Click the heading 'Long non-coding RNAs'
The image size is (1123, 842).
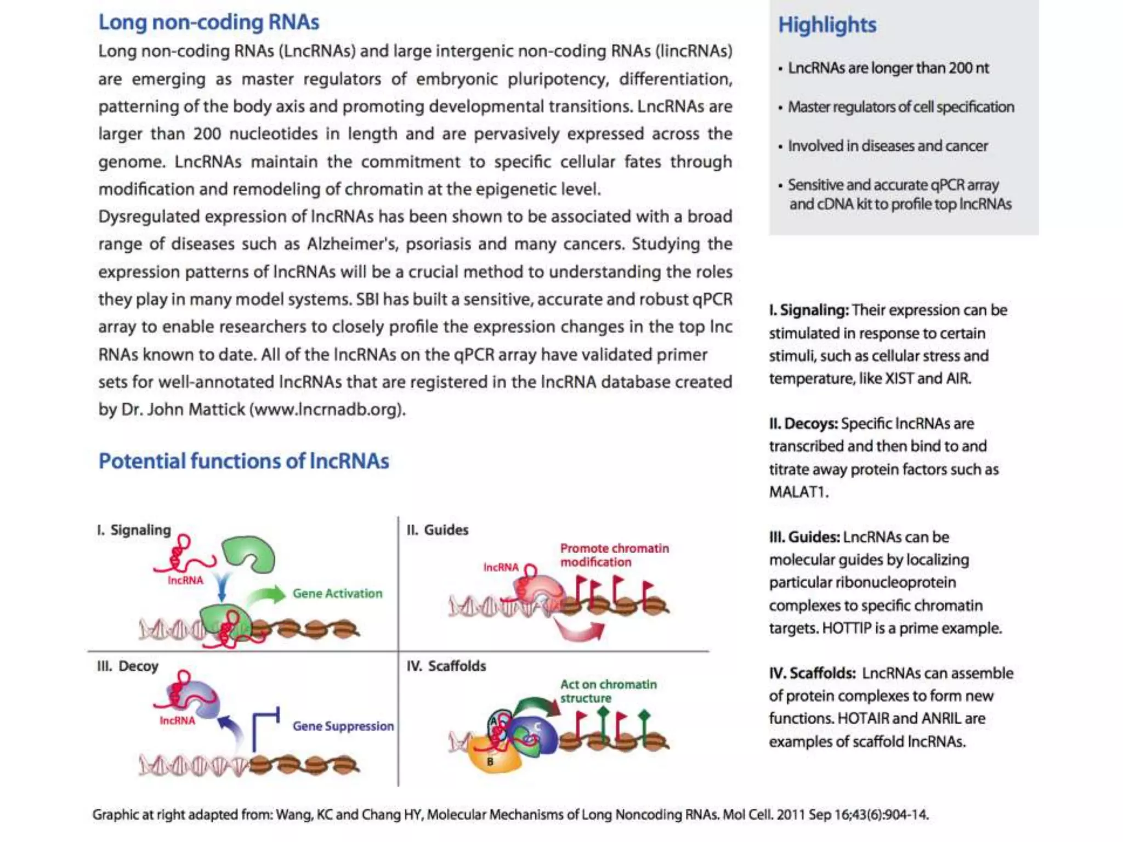click(x=208, y=22)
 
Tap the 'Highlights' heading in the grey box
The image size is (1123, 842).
click(x=827, y=25)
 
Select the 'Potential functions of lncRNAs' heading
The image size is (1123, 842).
click(x=243, y=461)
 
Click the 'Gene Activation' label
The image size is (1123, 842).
click(x=337, y=593)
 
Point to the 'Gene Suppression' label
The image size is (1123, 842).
click(x=343, y=726)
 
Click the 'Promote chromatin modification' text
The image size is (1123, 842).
click(x=614, y=555)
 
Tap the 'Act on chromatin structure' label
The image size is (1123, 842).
click(x=608, y=691)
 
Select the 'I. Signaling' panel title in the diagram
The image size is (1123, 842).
click(x=134, y=530)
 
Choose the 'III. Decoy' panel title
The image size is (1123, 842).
click(x=128, y=666)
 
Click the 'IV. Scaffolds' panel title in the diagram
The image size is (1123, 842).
click(x=446, y=666)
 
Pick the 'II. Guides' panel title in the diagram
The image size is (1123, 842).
click(x=437, y=530)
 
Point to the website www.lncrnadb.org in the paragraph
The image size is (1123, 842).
click(x=327, y=409)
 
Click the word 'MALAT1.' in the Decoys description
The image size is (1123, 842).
click(x=798, y=492)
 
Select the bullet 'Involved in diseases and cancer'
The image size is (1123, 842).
click(x=887, y=146)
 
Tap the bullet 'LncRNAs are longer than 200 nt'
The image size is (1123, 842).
click(x=888, y=68)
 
